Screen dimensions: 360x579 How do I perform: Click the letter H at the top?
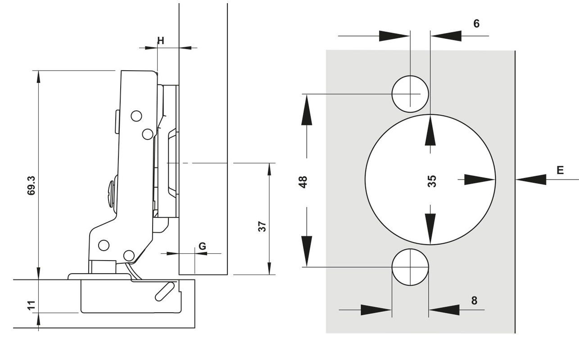161,41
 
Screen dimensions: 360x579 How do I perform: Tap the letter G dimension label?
202,246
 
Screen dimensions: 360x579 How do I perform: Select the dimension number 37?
262,226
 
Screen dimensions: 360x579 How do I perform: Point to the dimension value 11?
31,305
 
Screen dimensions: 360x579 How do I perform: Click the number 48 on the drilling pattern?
303,181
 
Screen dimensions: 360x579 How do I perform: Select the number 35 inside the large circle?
432,181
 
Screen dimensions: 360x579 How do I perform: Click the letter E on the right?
560,170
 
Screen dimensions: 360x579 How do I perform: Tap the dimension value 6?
476,24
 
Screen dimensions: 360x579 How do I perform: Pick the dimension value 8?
474,300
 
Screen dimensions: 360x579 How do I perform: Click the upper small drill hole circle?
410,94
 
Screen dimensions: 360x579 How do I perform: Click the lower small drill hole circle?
410,267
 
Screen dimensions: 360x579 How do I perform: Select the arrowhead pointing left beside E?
531,180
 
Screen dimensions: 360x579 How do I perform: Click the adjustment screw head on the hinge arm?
111,193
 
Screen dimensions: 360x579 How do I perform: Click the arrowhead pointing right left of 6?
394,36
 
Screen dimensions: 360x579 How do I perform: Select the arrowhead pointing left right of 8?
444,310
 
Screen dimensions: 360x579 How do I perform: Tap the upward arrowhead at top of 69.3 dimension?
39,80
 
